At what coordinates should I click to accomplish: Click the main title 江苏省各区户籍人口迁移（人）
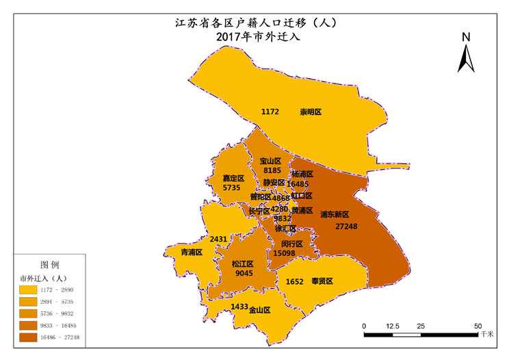[255, 23]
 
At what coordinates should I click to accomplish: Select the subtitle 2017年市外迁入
[255, 38]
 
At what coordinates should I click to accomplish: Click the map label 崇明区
[311, 112]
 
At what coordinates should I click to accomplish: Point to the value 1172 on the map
[270, 112]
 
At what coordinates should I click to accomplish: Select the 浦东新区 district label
[335, 214]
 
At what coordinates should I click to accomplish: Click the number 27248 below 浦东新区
[345, 226]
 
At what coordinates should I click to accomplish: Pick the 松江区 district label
[242, 263]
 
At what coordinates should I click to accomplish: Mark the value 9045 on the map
[244, 273]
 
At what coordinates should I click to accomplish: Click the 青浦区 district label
[191, 252]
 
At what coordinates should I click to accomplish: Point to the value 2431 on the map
[218, 239]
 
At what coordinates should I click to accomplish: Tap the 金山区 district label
[259, 309]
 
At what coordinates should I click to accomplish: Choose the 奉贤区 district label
[322, 281]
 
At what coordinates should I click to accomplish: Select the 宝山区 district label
[272, 161]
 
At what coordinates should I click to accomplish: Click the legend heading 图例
[50, 264]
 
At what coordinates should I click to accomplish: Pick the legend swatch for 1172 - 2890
[31, 290]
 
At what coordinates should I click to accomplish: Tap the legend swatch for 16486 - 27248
[31, 337]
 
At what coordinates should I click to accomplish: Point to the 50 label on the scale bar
[478, 326]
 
